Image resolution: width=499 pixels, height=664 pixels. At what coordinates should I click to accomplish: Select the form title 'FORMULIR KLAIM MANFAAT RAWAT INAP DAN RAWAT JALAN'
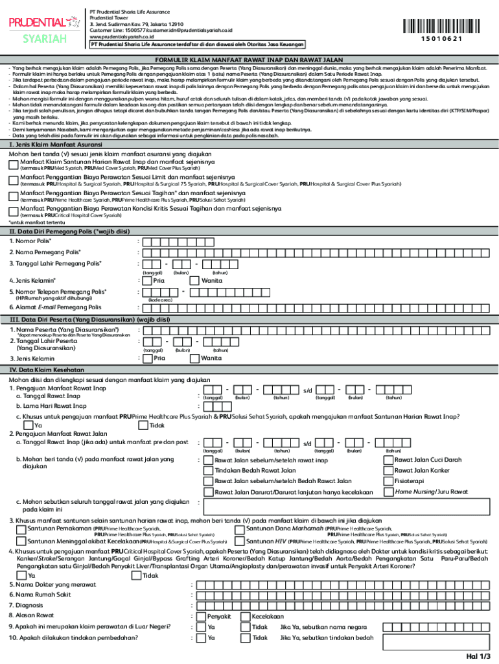[x=250, y=59]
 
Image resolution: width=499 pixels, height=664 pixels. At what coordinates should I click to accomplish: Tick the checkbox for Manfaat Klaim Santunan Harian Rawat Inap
[x=14, y=164]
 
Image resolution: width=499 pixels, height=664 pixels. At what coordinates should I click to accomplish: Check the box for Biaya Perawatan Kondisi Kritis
[x=14, y=211]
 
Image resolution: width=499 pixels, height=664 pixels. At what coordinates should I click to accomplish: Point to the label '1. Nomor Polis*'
[x=30, y=241]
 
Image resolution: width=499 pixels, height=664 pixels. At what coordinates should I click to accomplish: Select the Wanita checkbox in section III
[x=194, y=358]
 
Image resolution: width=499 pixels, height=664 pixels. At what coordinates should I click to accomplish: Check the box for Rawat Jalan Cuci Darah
[x=388, y=460]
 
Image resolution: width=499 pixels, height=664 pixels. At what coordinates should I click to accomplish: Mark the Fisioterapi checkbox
[x=388, y=481]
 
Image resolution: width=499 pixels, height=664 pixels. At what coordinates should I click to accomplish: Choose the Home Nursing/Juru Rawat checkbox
[x=388, y=492]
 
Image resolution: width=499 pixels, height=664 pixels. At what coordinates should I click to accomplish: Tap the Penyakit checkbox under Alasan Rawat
[x=200, y=616]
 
